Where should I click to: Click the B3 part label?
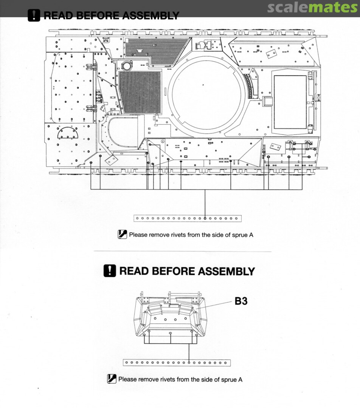tap(241, 301)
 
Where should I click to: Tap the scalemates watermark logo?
tap(312, 8)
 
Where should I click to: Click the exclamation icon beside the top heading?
tap(34, 15)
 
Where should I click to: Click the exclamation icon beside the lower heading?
tap(110, 271)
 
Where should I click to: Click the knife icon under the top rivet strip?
tap(123, 234)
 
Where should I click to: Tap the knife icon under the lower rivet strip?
tap(112, 379)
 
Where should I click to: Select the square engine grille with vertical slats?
tap(140, 91)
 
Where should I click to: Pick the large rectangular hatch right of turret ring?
tap(290, 102)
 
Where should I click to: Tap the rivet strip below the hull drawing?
tap(188, 218)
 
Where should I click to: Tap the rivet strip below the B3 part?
tap(177, 363)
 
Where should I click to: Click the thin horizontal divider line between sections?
tap(182, 252)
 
